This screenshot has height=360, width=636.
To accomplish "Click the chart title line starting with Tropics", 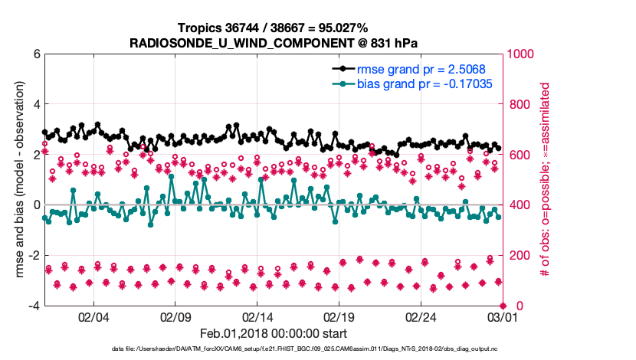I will click(x=273, y=29).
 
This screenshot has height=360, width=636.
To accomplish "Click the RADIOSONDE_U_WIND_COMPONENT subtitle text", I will click(x=273, y=43).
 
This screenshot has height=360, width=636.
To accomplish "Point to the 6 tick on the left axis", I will click(x=35, y=54).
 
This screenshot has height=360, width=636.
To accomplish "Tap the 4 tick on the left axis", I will click(x=35, y=105).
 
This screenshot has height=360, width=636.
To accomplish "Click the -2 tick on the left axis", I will click(x=33, y=256).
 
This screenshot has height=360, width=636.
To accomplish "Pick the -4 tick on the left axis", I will click(x=33, y=306).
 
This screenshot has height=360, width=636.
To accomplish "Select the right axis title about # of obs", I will click(x=546, y=180).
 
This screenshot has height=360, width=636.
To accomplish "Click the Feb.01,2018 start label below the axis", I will click(x=273, y=334).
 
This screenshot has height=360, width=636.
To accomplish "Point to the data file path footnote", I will click(x=273, y=349).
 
